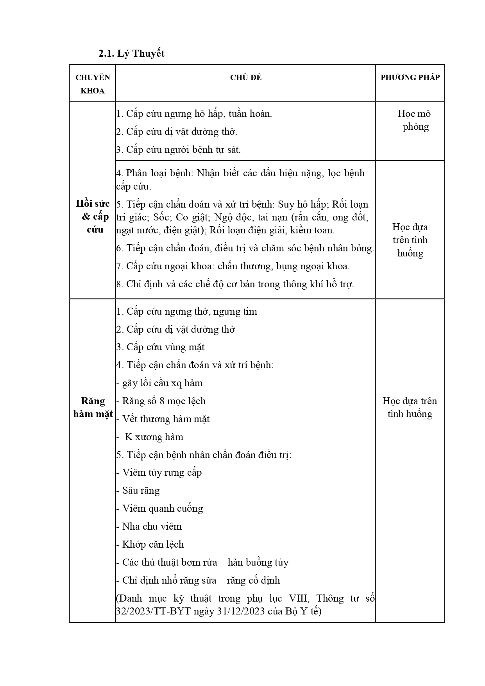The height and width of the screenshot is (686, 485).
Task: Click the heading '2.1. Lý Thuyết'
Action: click(131, 54)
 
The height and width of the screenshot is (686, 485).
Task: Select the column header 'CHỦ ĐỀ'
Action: click(245, 77)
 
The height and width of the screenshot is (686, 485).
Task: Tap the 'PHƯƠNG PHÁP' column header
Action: click(410, 77)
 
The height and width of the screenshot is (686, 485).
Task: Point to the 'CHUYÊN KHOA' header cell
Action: click(93, 84)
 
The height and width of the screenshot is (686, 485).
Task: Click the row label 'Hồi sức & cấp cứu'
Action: click(93, 216)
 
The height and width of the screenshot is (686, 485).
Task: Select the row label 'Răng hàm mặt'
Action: click(93, 407)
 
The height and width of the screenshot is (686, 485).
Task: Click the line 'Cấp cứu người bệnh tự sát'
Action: click(179, 150)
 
